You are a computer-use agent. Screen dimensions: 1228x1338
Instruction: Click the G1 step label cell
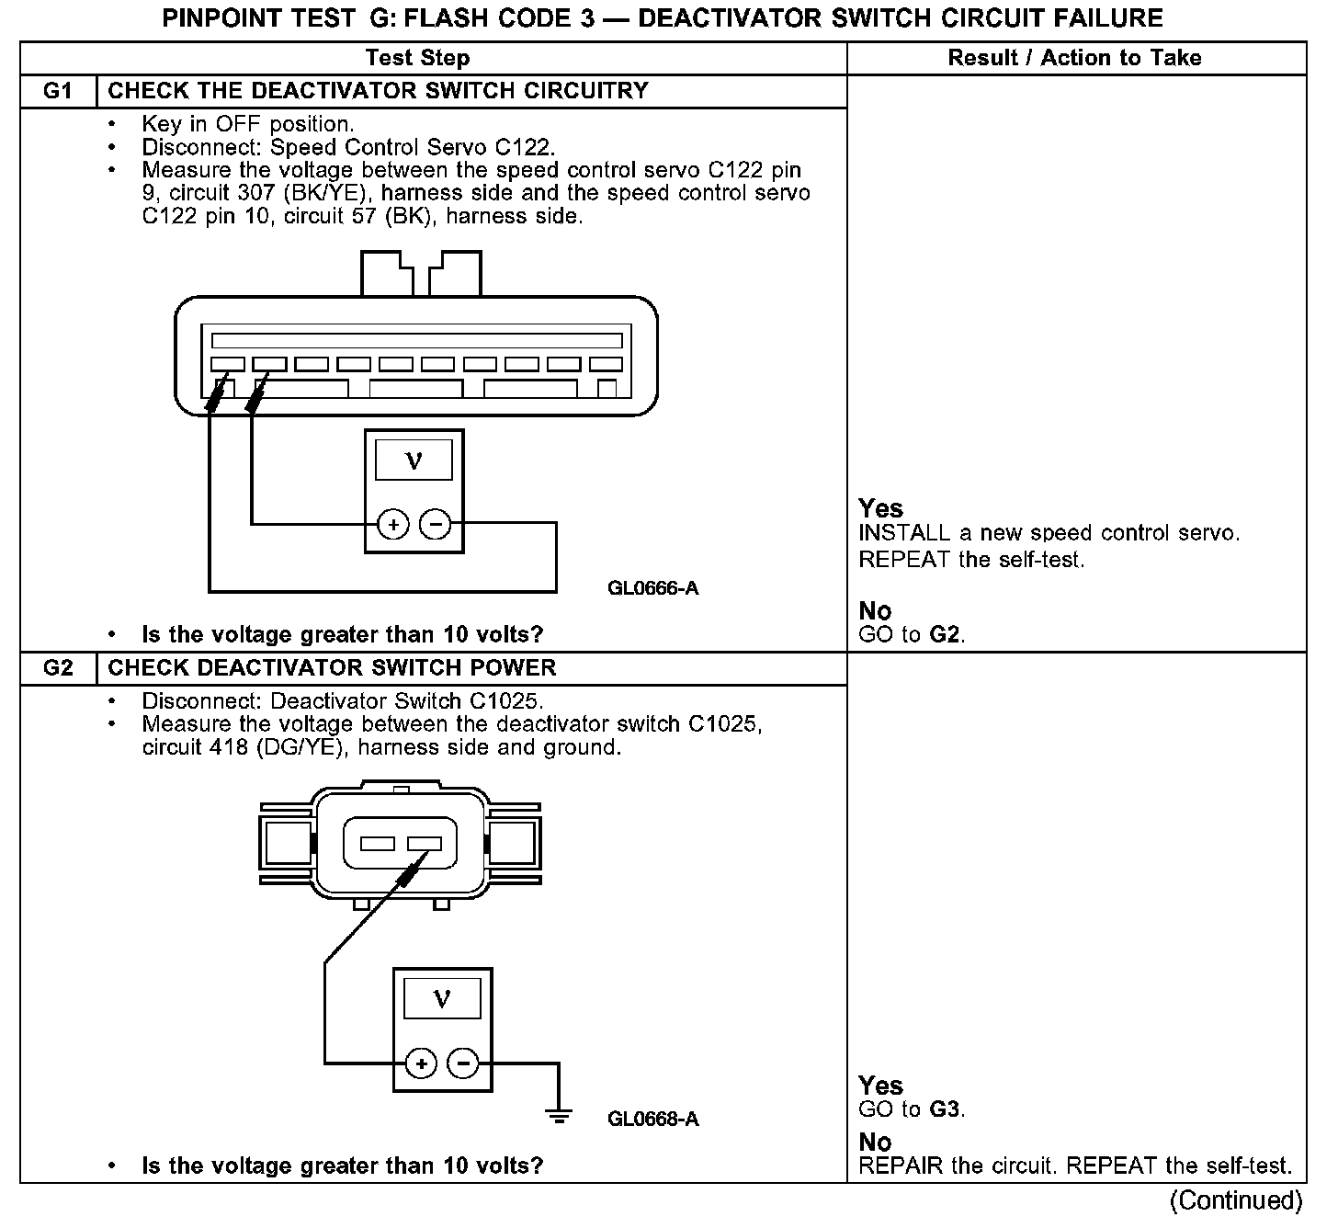click(58, 91)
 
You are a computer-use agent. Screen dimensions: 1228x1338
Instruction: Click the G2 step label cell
click(58, 668)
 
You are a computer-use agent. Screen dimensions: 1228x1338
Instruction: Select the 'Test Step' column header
click(417, 58)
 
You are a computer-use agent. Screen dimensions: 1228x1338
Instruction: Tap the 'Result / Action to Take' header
click(1074, 58)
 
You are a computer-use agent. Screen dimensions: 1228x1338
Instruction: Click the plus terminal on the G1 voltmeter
click(393, 525)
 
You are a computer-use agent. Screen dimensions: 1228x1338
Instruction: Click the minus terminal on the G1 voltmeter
click(435, 525)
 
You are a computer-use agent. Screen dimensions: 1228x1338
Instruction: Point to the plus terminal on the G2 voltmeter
click(421, 1064)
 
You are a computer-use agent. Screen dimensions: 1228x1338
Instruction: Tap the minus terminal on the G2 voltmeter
click(462, 1064)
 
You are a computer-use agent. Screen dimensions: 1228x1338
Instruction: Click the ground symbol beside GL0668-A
click(558, 1115)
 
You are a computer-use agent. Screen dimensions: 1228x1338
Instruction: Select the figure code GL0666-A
click(652, 588)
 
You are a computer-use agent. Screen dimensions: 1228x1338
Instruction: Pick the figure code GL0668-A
click(652, 1120)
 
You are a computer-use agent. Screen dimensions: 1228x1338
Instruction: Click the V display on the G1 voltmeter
click(414, 460)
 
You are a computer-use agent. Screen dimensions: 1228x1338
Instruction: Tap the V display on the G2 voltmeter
click(442, 998)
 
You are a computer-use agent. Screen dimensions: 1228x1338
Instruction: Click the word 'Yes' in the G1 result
click(880, 508)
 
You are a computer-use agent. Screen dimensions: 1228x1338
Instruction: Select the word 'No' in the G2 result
click(875, 1143)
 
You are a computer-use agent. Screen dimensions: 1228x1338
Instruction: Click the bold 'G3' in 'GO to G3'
click(946, 1109)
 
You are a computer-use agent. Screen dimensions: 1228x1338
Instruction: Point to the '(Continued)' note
click(1236, 1200)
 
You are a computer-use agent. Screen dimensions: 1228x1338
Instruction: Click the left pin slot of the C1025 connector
click(377, 843)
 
